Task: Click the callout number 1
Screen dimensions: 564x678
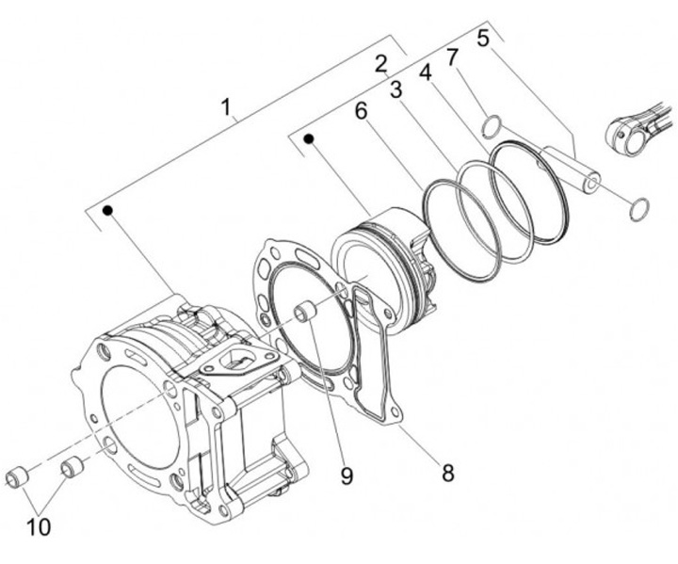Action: pos(226,106)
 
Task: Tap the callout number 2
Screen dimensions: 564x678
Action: pos(380,64)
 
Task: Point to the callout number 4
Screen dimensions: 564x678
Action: pos(425,73)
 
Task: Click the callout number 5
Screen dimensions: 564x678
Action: pos(483,39)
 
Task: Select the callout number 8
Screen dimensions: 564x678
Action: pos(447,472)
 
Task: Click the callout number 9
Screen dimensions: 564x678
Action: pos(347,476)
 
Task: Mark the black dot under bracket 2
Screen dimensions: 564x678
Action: pos(308,139)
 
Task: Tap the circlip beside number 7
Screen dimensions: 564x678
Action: pos(491,125)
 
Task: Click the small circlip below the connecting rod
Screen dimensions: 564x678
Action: pos(639,206)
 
